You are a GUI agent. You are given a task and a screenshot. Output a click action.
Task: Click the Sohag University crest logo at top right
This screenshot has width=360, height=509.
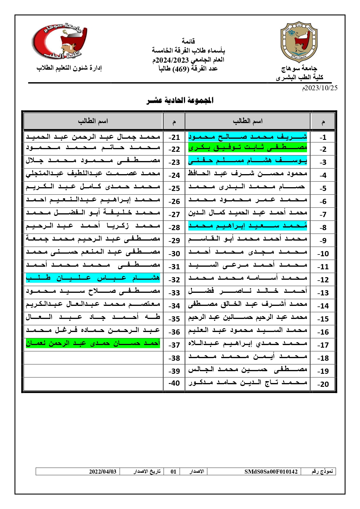click(x=299, y=42)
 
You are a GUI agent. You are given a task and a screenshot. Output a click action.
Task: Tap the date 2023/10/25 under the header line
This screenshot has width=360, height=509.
click(x=320, y=88)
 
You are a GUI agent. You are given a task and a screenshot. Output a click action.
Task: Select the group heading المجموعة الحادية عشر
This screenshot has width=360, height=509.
click(x=180, y=101)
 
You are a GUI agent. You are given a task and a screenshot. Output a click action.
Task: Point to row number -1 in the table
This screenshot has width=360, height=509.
click(x=323, y=137)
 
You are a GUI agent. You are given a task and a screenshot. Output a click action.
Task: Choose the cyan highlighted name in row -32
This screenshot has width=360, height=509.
click(x=93, y=278)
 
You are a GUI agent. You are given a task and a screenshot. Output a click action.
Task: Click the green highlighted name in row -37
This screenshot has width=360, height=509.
click(x=93, y=344)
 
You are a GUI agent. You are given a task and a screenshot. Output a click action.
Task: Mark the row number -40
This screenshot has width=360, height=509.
click(x=174, y=383)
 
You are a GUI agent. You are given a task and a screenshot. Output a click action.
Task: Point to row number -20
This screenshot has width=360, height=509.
click(x=323, y=384)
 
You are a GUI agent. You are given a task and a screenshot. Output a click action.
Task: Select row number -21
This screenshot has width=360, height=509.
click(x=174, y=137)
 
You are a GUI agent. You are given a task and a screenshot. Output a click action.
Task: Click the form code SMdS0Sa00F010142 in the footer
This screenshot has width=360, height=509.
click(x=271, y=472)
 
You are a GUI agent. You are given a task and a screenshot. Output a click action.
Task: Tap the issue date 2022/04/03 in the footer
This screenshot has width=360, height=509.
click(x=103, y=472)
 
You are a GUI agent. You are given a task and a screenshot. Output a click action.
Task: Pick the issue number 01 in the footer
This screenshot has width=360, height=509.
click(x=173, y=472)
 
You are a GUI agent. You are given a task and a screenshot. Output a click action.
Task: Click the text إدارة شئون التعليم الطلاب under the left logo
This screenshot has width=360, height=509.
click(x=69, y=68)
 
